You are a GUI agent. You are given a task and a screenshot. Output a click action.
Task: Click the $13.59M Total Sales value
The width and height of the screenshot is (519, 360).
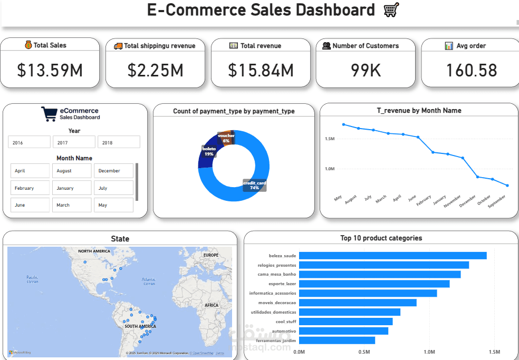(x=50, y=70)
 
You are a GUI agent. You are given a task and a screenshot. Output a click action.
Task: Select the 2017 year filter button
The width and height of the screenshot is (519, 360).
(x=74, y=142)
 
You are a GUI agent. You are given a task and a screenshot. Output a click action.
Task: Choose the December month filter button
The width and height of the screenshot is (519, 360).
(x=113, y=171)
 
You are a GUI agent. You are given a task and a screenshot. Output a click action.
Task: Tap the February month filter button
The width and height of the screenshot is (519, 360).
(x=30, y=188)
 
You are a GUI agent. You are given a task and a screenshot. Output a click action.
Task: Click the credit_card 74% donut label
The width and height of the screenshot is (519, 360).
(x=254, y=185)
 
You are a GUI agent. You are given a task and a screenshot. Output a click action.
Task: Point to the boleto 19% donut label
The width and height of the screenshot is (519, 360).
(x=209, y=151)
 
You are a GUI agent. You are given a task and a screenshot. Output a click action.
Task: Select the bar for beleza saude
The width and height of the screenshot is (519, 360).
(x=392, y=256)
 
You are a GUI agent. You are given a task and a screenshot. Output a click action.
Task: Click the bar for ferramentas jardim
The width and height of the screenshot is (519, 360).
(x=337, y=340)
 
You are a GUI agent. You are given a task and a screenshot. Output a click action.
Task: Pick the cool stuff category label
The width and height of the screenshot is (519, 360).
(x=285, y=322)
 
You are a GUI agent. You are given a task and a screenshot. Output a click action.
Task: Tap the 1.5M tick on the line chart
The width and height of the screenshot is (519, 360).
(x=330, y=139)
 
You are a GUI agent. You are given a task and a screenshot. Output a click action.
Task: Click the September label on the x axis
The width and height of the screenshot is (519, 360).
(x=497, y=201)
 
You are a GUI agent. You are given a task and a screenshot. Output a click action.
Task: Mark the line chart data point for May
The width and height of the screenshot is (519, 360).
(x=343, y=124)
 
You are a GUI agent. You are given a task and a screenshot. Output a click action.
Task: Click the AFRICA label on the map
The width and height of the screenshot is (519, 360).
(x=212, y=305)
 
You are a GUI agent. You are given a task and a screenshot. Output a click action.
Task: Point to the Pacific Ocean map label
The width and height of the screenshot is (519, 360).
(x=32, y=279)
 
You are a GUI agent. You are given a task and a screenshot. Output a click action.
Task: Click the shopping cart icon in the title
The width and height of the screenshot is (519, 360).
(x=391, y=9)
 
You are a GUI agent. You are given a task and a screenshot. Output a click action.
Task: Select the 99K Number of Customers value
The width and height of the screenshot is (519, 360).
(x=366, y=70)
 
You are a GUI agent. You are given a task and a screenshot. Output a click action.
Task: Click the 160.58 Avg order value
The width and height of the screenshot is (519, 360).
(x=471, y=70)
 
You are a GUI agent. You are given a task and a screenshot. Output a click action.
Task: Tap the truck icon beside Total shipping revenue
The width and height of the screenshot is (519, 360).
(x=118, y=46)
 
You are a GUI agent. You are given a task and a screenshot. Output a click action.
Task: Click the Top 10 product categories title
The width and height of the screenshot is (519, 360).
(x=381, y=238)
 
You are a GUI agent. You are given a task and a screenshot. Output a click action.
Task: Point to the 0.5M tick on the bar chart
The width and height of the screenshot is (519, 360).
(x=364, y=352)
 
